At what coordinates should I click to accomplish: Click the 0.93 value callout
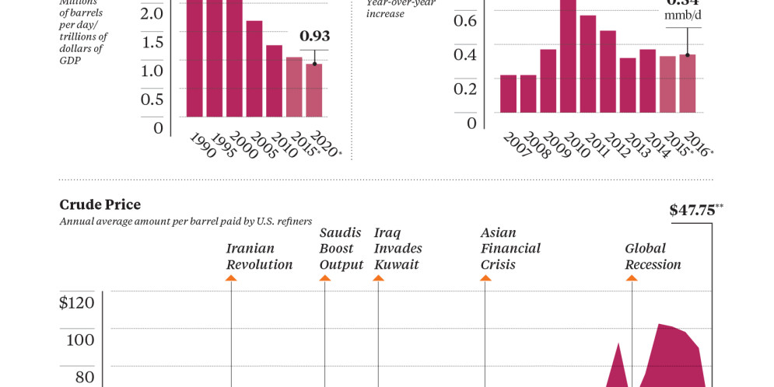point(314,36)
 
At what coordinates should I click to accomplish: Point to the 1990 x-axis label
point(201,145)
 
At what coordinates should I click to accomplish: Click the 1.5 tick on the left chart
point(152,42)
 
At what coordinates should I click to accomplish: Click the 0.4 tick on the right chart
point(465,54)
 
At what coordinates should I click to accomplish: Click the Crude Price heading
point(100,204)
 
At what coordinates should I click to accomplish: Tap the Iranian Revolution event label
point(259,256)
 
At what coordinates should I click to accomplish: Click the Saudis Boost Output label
point(341,249)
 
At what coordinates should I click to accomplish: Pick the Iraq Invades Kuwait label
point(398,249)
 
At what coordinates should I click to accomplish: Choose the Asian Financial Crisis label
point(510,249)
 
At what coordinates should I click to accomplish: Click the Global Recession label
point(653,256)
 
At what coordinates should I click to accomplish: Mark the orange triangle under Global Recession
point(632,278)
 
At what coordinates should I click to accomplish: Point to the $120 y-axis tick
point(77,302)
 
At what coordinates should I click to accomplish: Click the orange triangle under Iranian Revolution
point(231,278)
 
